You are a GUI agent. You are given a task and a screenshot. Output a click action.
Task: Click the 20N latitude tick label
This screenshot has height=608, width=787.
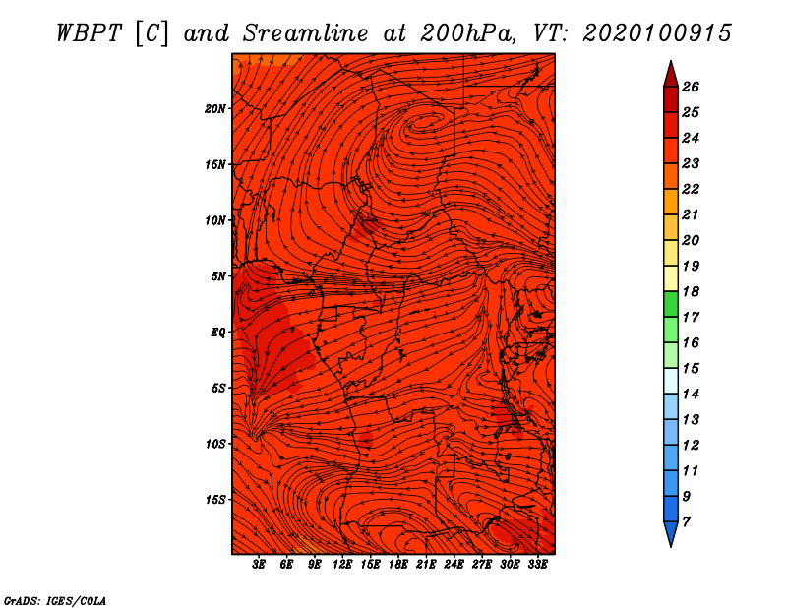point(214,109)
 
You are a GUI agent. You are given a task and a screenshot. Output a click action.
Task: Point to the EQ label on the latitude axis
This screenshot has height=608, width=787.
point(217,333)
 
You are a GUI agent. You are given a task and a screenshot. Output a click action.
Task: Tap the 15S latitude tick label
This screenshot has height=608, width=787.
point(214,500)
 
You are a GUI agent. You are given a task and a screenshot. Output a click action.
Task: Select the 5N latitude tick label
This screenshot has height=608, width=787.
point(218,276)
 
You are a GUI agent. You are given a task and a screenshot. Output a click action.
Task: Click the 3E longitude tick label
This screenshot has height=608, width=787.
point(259,565)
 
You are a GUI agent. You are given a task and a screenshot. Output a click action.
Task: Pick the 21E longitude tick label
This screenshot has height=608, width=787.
point(426,565)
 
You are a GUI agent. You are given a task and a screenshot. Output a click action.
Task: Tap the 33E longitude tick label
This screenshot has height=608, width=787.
point(537,565)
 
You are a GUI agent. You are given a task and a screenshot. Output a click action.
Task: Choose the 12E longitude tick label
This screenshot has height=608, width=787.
point(341,565)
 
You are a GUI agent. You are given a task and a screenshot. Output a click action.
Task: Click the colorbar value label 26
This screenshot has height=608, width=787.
point(691,87)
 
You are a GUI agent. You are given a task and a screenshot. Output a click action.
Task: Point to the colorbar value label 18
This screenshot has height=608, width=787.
point(691,291)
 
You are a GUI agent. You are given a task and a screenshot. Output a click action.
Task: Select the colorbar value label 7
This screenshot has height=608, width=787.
point(686,522)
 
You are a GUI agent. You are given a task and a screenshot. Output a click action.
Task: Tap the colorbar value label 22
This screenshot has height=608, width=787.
point(691,189)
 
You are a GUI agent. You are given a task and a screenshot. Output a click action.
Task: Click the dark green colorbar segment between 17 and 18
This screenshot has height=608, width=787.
point(671,304)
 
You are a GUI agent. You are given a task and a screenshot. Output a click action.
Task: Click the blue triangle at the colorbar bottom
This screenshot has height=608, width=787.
point(671,532)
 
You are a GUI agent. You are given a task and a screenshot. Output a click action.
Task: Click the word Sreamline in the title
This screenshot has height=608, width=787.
point(306,33)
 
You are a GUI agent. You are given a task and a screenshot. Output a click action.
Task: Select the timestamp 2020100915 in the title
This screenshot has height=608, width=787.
point(657,33)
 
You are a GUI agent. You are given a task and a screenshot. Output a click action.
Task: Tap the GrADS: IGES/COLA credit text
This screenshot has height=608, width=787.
point(55,601)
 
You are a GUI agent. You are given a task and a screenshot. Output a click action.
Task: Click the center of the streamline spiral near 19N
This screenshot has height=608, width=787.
point(424,121)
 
